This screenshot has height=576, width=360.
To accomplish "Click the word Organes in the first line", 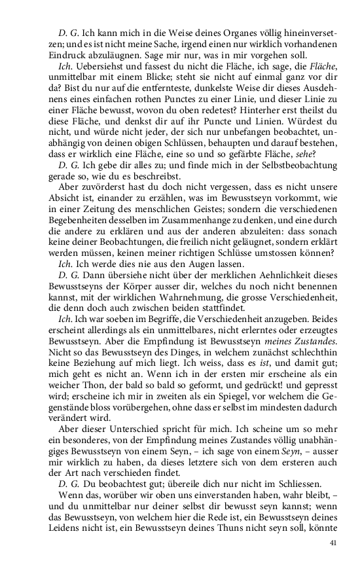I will [x=226, y=32].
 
